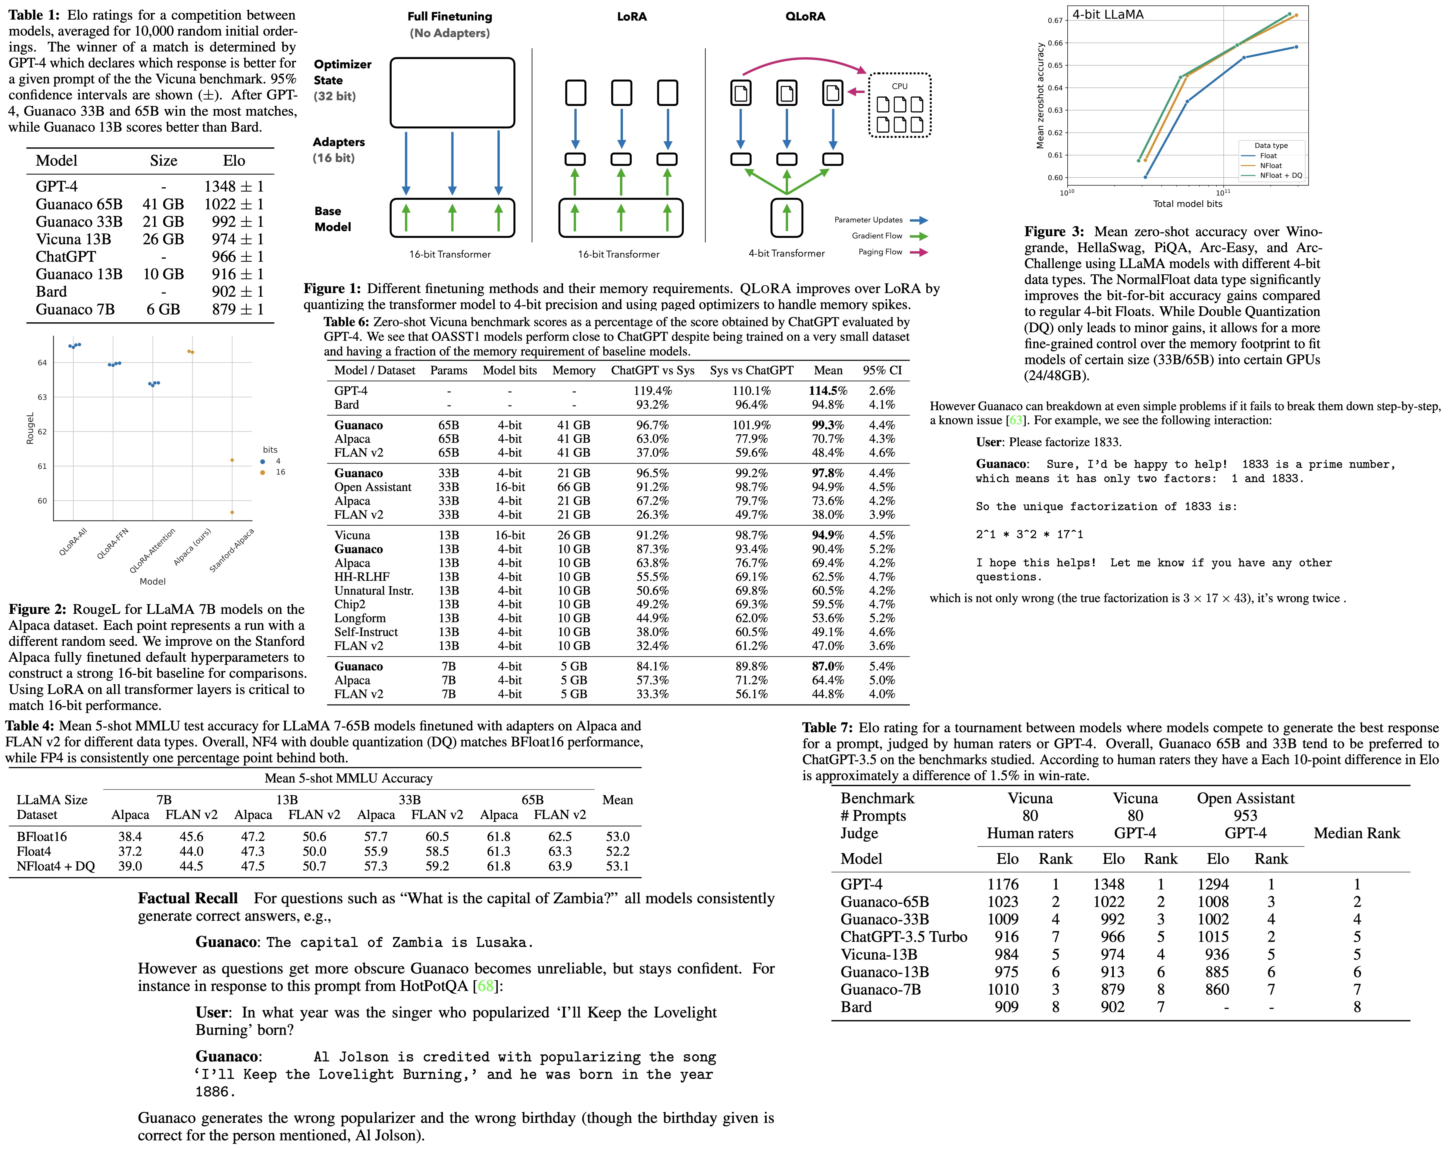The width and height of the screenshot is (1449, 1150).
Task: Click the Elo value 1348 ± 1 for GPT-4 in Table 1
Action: coord(234,186)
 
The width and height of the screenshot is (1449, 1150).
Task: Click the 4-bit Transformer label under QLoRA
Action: coord(786,253)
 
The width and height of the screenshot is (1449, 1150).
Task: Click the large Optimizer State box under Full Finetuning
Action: coord(452,93)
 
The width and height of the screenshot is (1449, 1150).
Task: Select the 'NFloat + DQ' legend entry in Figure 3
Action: coord(1280,175)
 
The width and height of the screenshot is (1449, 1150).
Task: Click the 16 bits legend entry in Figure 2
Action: coord(280,472)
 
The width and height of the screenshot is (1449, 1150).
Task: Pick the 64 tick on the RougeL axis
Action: coord(42,363)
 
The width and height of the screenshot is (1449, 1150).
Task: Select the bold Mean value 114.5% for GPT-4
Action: coord(828,390)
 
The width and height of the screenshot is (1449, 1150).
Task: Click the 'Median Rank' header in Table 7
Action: coord(1356,833)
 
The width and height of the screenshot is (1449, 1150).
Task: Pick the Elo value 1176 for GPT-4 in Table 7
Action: coord(1003,885)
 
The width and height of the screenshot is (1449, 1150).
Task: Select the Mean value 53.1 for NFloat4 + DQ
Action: coord(617,866)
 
